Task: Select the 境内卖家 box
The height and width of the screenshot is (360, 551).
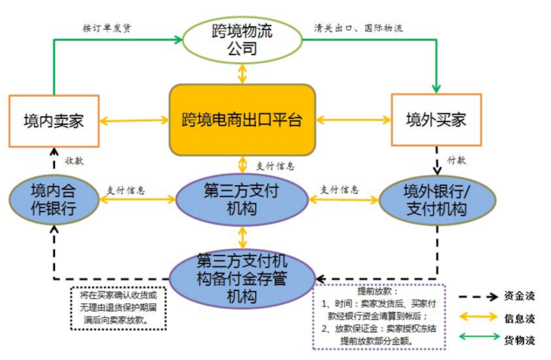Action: click(54, 120)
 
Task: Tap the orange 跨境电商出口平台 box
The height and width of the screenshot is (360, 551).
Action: click(242, 120)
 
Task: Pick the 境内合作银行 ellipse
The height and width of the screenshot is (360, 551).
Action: click(53, 199)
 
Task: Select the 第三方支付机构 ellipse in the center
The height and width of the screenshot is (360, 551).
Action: click(242, 200)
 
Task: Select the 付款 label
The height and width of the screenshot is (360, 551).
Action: click(457, 160)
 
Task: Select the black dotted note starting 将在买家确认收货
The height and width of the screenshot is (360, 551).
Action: click(118, 308)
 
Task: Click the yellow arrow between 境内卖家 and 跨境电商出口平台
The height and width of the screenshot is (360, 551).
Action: click(134, 120)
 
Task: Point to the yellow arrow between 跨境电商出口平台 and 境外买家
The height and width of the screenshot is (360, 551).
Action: click(353, 119)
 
